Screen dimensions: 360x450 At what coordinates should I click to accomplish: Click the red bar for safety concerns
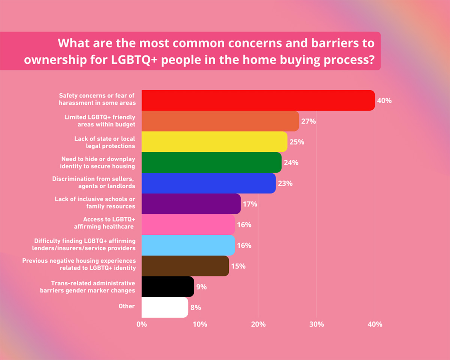(x=258, y=100)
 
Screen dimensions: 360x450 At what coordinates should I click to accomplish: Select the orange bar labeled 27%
(x=220, y=121)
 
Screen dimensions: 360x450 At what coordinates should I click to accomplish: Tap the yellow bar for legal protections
(x=214, y=142)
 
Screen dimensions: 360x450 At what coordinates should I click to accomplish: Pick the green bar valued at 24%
(x=211, y=162)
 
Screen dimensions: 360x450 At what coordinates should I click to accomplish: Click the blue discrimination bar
(x=208, y=183)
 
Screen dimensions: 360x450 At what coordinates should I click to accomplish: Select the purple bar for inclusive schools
(x=191, y=204)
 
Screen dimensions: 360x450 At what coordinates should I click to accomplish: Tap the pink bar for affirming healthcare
(x=188, y=225)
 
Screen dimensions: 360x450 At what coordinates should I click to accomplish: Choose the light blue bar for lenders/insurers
(x=188, y=245)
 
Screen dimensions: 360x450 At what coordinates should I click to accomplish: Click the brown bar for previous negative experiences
(x=185, y=266)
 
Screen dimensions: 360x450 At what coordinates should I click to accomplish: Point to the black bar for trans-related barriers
(x=168, y=287)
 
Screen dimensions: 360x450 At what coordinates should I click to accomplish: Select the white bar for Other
(x=165, y=307)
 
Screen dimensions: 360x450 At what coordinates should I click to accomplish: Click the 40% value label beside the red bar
(x=384, y=101)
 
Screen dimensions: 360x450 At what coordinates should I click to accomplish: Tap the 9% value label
(x=202, y=287)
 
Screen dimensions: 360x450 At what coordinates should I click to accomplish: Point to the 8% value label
(x=196, y=307)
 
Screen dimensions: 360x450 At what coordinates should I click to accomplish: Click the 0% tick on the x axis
(x=142, y=324)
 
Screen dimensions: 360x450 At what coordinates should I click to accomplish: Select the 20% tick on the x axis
(x=258, y=324)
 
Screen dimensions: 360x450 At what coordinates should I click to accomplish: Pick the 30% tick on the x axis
(x=316, y=324)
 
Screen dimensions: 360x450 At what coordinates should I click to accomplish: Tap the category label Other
(x=126, y=306)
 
